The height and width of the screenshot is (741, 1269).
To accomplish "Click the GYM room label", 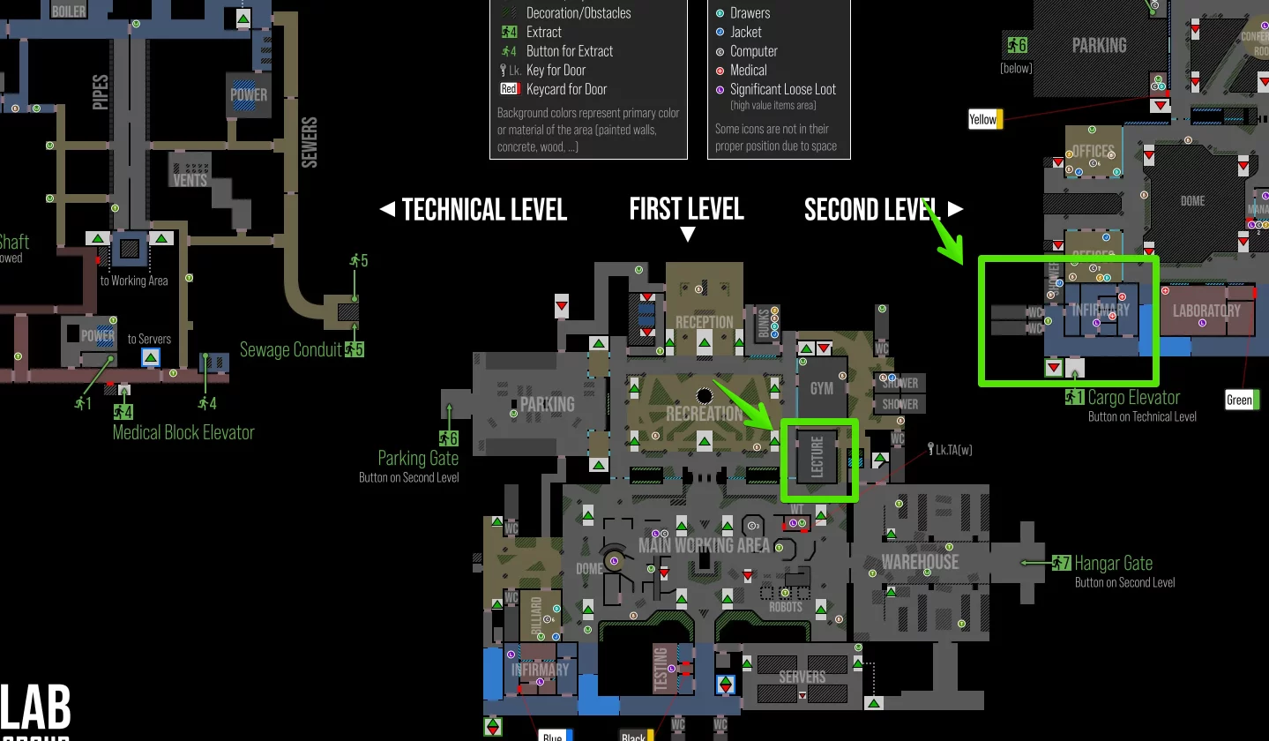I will click(821, 388).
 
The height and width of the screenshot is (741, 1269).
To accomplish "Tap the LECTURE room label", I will click(817, 456).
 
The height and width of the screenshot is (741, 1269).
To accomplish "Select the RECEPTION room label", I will click(704, 322).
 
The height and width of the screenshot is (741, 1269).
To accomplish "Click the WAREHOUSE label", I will click(920, 562).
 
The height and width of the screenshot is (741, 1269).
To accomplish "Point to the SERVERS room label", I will click(802, 677).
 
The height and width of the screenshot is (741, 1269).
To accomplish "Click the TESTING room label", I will click(660, 670).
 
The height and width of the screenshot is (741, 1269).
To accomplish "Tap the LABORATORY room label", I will click(1206, 311).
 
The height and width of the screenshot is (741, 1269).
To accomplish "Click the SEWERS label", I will click(310, 142).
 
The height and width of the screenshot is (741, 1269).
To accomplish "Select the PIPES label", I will click(101, 92).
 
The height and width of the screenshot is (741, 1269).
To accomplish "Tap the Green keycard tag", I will click(1239, 400).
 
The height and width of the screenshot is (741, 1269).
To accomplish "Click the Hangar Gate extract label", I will click(1113, 563).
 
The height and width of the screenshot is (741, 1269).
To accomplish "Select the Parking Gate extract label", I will click(418, 458).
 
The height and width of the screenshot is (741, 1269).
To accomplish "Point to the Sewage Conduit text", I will click(290, 350).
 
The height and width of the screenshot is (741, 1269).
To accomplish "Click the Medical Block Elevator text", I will click(183, 432).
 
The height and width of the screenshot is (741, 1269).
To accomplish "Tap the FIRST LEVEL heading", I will click(686, 209).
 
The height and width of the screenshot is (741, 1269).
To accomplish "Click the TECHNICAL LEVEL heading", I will click(483, 209).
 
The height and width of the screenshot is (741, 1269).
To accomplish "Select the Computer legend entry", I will click(753, 51).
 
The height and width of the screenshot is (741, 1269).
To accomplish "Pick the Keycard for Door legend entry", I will click(568, 89).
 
